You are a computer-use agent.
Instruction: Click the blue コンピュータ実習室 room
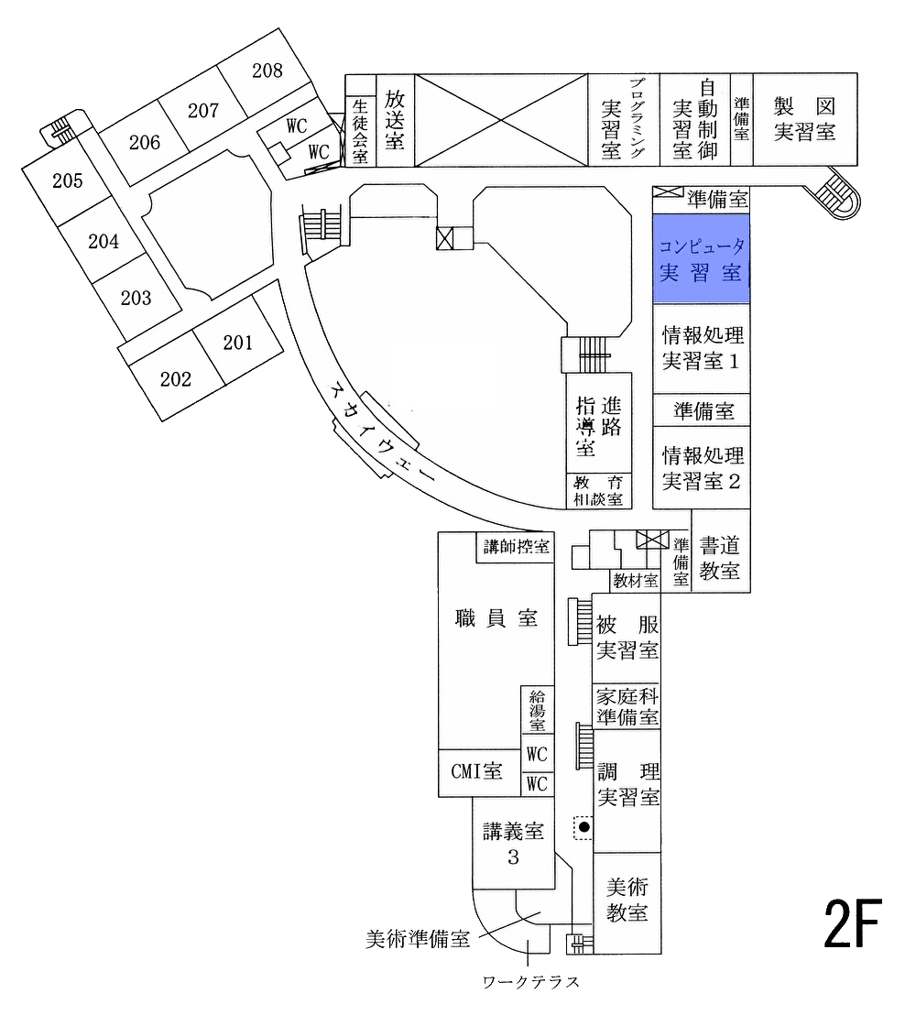[701, 259]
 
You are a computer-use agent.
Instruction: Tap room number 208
[267, 71]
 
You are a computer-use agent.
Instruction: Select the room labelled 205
[68, 180]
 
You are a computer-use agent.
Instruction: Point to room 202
[175, 379]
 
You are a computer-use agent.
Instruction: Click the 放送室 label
[395, 119]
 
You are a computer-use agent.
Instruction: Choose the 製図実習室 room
[804, 119]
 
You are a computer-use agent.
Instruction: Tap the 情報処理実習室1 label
[703, 348]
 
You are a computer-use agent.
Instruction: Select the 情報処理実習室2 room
[703, 467]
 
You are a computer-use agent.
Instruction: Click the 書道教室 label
[719, 558]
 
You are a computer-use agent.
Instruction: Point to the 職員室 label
[496, 618]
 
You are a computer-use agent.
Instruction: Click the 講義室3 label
[514, 844]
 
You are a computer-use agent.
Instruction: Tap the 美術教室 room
[627, 900]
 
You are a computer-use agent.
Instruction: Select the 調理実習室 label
[628, 783]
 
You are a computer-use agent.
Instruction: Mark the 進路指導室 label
[598, 426]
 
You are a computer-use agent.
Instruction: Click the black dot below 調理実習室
[583, 826]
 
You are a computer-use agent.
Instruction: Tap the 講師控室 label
[518, 547]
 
